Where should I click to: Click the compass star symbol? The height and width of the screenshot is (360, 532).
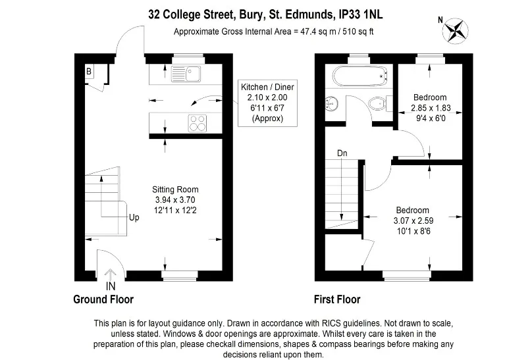pos(456,30)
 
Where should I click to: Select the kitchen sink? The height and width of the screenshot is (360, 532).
pos(186,74)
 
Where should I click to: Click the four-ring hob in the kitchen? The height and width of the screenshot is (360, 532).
pos(198,123)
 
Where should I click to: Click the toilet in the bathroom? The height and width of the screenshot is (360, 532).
pos(381,103)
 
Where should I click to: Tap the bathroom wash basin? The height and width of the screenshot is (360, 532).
pos(331,103)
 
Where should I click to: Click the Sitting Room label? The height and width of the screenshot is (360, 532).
pos(175,190)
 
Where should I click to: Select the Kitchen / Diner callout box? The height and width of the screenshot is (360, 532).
pos(267,103)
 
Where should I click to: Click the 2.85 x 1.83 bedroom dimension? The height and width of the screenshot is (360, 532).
pos(431,108)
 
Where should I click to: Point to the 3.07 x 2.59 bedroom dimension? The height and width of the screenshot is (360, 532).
pos(413,220)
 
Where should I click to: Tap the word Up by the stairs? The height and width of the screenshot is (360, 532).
pos(134,217)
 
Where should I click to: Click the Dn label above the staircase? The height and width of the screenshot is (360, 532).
pos(342,153)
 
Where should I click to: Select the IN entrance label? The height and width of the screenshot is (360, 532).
pos(111,286)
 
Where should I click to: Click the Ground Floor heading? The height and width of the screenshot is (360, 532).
pos(103,299)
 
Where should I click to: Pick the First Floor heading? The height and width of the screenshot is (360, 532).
pos(337,299)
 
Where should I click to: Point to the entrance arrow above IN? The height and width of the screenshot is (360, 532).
pos(110,274)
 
